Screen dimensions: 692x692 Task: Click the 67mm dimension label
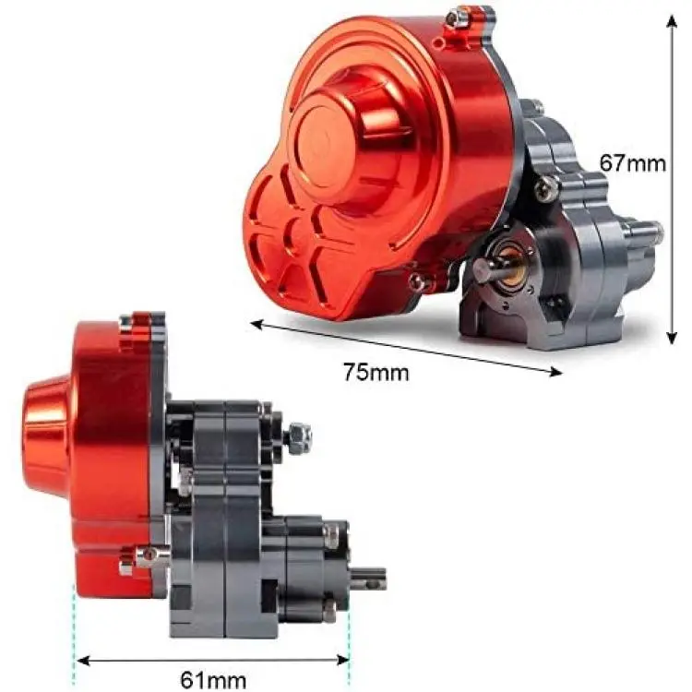[632, 163]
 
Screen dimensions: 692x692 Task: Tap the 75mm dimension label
[376, 372]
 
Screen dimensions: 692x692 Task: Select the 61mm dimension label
[213, 680]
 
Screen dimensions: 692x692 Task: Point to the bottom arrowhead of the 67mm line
[672, 337]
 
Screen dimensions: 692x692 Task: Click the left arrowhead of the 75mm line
[257, 326]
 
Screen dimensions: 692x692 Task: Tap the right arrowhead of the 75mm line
[555, 372]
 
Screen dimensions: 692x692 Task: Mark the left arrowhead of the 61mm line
[83, 661]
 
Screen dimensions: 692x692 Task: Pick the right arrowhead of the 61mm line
[342, 661]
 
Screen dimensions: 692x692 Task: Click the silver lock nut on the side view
[298, 437]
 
